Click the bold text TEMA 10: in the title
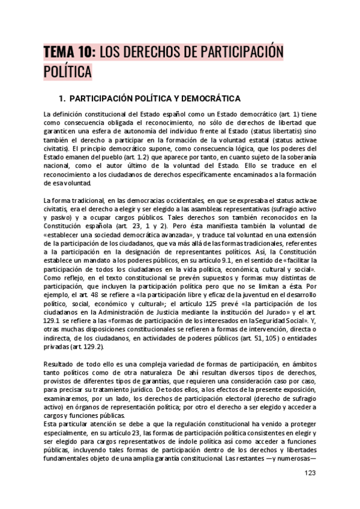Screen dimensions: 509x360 click(68, 53)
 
